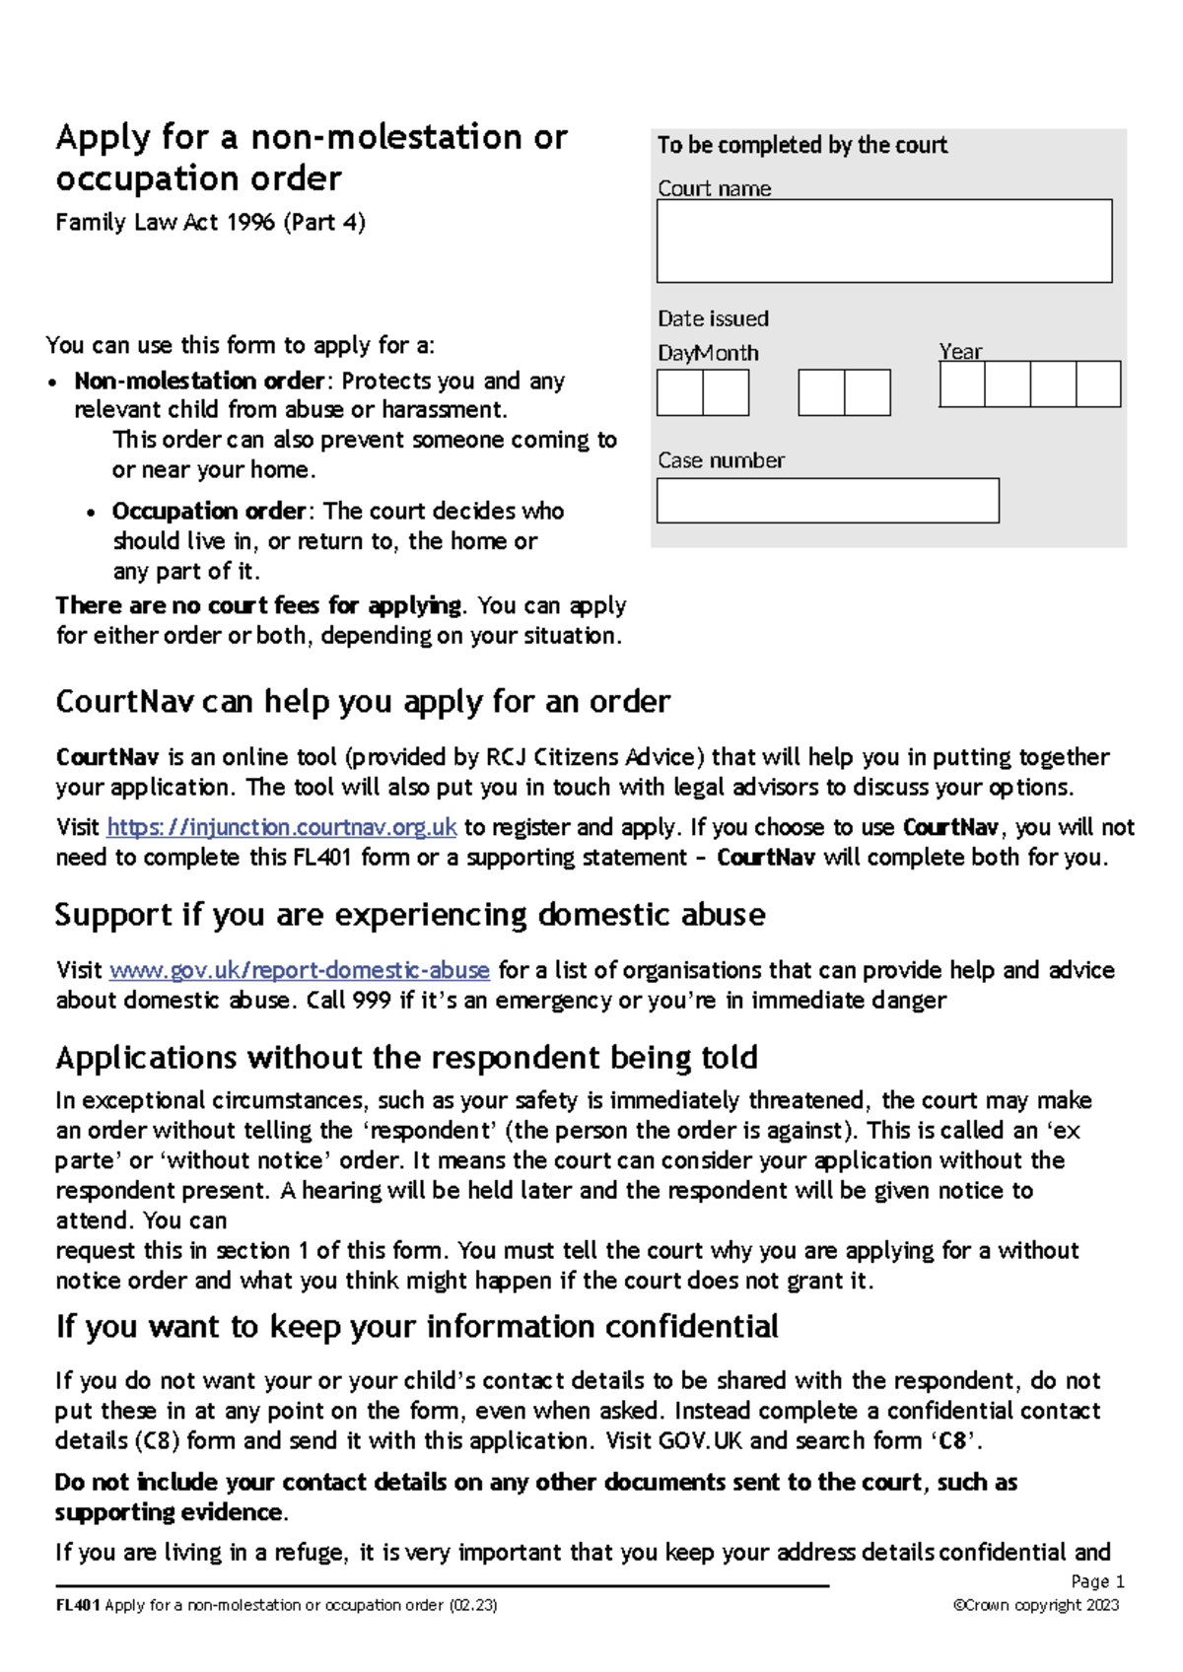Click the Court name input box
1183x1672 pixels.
(x=884, y=242)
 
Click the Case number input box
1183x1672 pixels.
(x=827, y=501)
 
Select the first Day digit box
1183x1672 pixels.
(x=680, y=392)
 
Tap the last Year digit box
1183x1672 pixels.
(x=1098, y=384)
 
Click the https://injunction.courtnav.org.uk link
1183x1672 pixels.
(x=282, y=827)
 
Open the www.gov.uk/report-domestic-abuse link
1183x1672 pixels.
(x=300, y=970)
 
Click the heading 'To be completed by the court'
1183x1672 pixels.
(x=801, y=145)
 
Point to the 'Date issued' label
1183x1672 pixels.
(x=713, y=318)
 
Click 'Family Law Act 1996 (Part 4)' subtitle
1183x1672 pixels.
(x=210, y=222)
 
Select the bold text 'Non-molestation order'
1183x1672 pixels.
(x=199, y=381)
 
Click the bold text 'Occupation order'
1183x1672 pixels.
(x=209, y=511)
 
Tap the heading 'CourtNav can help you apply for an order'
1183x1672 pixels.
(x=363, y=702)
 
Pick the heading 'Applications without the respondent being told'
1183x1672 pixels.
(x=406, y=1058)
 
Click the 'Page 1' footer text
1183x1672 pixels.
(x=1097, y=1581)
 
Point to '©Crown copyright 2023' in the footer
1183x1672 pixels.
(x=1036, y=1605)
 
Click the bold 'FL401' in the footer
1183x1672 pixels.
(x=78, y=1605)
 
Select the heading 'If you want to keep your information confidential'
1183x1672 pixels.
(x=417, y=1327)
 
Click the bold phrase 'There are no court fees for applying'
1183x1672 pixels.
(x=258, y=605)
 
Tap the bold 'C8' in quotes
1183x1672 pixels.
(x=953, y=1441)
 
